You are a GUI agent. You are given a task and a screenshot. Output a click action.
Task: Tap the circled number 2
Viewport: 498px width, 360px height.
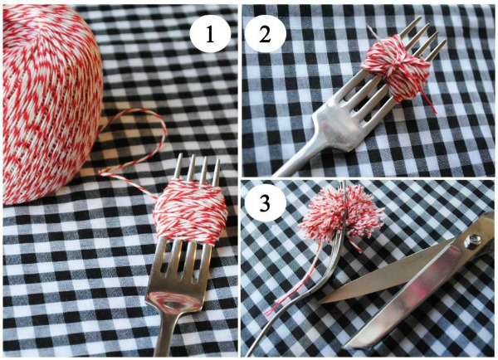264,35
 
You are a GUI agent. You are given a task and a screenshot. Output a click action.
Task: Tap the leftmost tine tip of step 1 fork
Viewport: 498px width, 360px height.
176,158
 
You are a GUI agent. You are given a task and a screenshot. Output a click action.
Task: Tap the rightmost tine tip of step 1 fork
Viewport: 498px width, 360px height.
217,163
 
